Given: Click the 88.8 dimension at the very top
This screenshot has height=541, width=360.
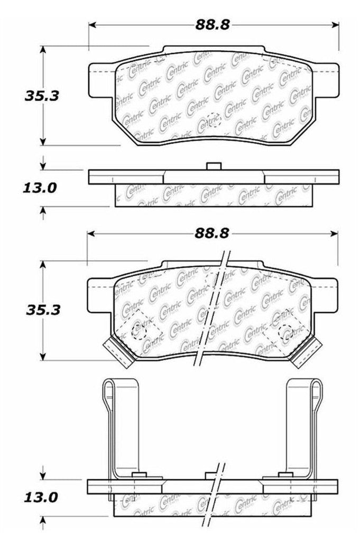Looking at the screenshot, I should pos(214,24).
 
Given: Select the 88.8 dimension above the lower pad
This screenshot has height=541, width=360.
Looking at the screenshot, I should pos(214,233).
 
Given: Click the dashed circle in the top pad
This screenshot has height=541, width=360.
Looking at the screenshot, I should pos(213,120).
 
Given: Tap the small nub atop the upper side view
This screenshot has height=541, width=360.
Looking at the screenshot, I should pos(213,166).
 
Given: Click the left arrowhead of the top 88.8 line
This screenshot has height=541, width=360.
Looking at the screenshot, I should pos(91,24).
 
